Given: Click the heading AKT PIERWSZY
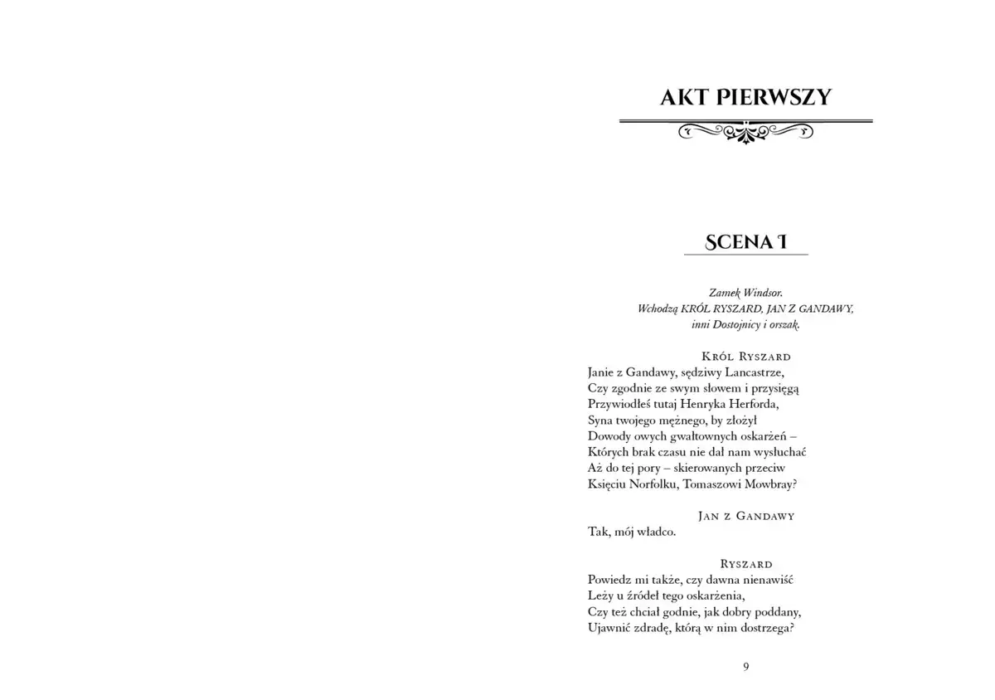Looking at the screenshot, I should pyautogui.click(x=745, y=97).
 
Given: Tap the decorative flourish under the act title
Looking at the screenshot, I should pyautogui.click(x=745, y=130).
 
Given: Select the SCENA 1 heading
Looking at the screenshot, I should pyautogui.click(x=745, y=241).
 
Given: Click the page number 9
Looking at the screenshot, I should pyautogui.click(x=746, y=667).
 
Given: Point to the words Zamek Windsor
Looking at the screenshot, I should pyautogui.click(x=746, y=293).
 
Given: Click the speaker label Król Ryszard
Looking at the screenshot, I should pyautogui.click(x=746, y=357).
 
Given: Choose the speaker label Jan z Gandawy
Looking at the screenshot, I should pyautogui.click(x=746, y=516).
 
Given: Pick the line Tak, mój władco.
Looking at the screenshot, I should pyautogui.click(x=632, y=532).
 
